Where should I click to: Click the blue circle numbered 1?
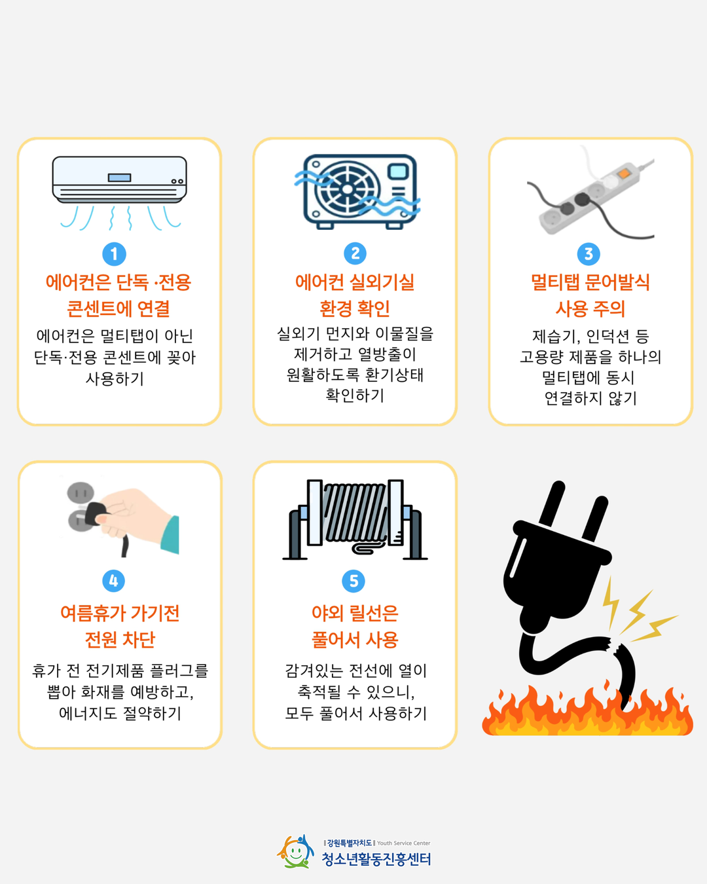coord(114,254)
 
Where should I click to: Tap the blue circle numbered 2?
coord(355,253)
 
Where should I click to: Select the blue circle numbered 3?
coord(589,253)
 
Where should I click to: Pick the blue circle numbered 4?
coord(113,580)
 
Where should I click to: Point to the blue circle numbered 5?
coord(353,581)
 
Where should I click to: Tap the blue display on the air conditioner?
coord(119,177)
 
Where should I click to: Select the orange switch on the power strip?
coord(624,174)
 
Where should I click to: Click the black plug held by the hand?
coord(96,513)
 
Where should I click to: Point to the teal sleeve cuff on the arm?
coord(170,535)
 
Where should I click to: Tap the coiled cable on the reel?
coord(355,513)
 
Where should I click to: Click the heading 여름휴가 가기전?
coord(120,613)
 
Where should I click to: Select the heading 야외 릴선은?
coord(355,613)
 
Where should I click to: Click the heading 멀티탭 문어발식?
coord(590,282)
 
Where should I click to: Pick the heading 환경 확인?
coord(355,308)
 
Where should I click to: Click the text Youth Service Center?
coord(403,843)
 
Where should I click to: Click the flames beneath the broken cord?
coord(587,710)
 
